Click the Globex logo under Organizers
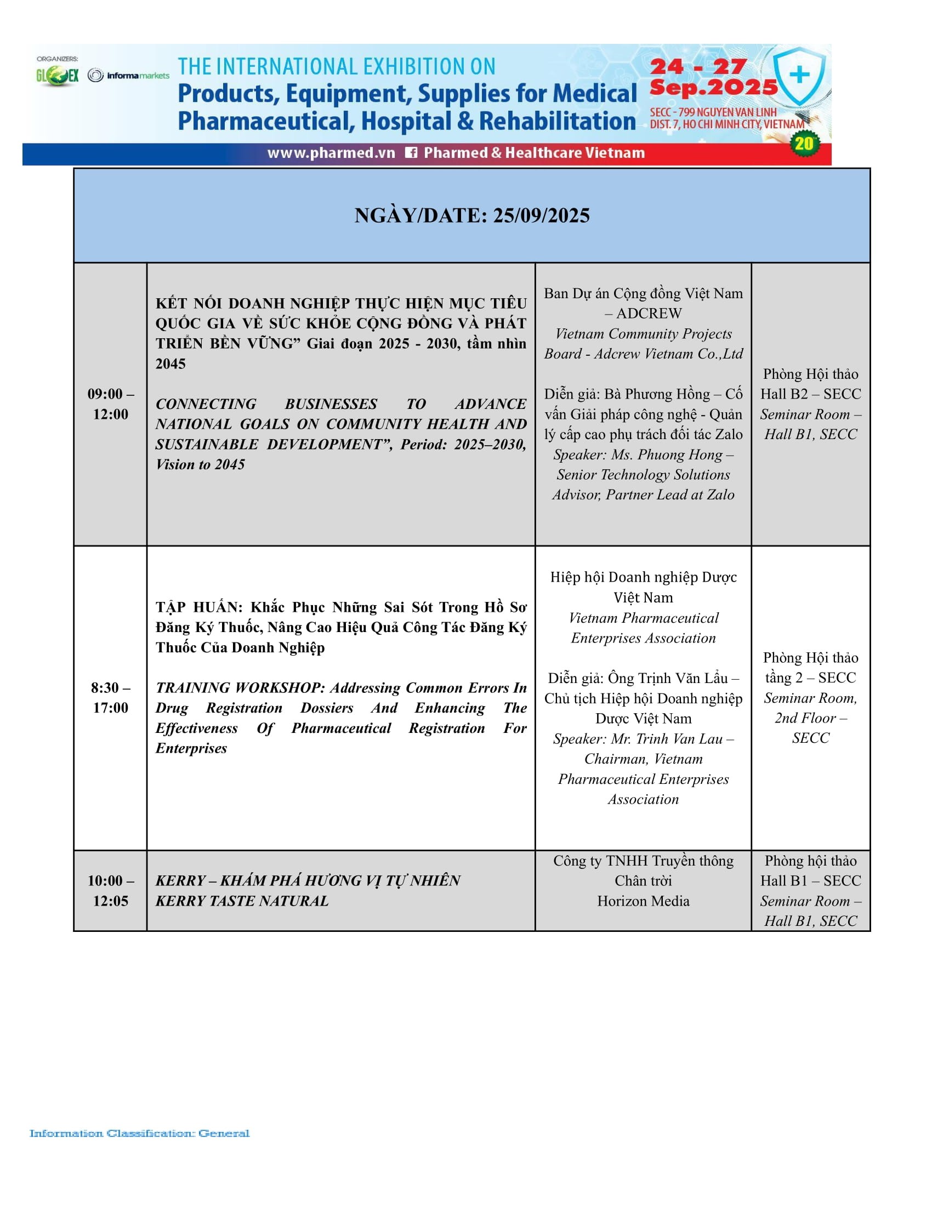[x=58, y=76]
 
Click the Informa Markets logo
[x=129, y=76]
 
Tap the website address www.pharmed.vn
[x=331, y=153]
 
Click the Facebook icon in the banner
[x=411, y=153]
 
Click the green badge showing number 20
[x=804, y=144]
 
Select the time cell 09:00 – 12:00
[x=110, y=403]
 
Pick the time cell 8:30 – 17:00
[x=110, y=697]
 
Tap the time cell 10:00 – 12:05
[x=110, y=890]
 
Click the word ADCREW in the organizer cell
[x=649, y=314]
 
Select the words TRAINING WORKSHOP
[x=240, y=687]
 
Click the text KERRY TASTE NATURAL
[x=242, y=901]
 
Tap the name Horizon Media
[x=643, y=901]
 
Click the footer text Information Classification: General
[x=139, y=1134]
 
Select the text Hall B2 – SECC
[x=810, y=394]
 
